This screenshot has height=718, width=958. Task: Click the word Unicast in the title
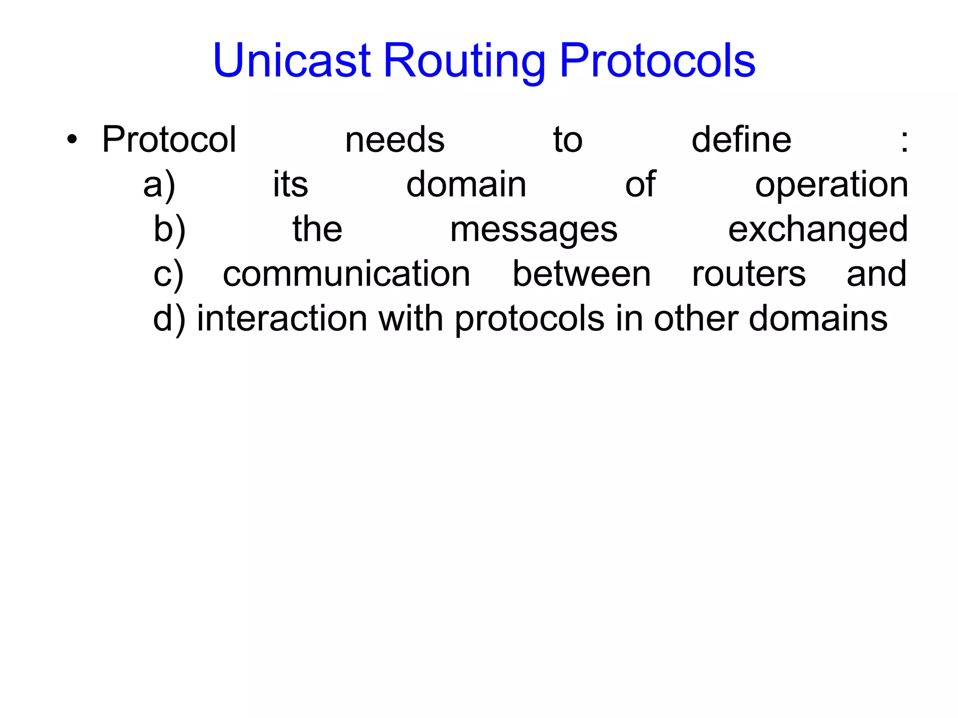click(x=292, y=60)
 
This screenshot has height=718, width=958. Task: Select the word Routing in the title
click(x=464, y=61)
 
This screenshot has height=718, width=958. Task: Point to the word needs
click(x=394, y=140)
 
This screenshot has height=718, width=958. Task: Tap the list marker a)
click(x=160, y=185)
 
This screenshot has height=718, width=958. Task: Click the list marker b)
click(x=169, y=230)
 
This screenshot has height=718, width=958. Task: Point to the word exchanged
click(x=818, y=230)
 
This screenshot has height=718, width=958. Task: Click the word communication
click(x=346, y=274)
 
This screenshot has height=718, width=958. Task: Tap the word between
click(x=581, y=274)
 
